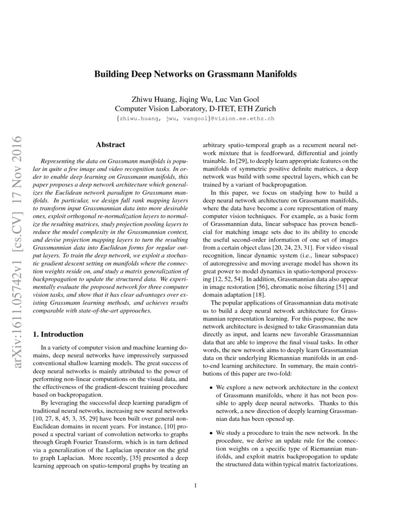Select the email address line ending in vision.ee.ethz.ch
(x=195, y=118)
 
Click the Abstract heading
(x=110, y=144)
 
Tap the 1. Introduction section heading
(x=59, y=334)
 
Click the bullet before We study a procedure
(x=211, y=433)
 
